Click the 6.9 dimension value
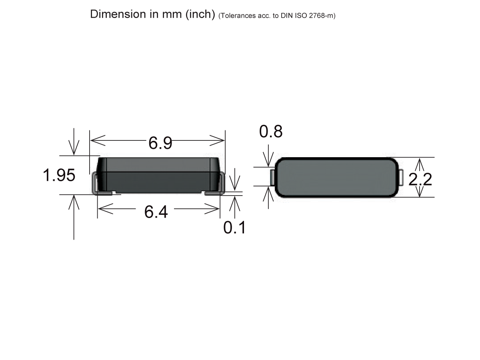[x=160, y=143]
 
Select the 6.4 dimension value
[x=156, y=212]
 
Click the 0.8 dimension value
[x=271, y=132]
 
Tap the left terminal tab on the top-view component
[x=272, y=177]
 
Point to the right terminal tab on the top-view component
[x=401, y=177]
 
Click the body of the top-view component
[x=336, y=177]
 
